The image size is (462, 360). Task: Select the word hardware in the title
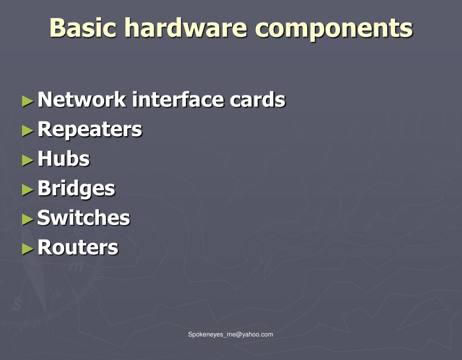pos(185,28)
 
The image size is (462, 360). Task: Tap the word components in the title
pos(333,28)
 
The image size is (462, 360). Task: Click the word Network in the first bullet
pos(82,100)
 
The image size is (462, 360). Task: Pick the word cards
pos(258,100)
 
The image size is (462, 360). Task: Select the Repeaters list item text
pos(89,129)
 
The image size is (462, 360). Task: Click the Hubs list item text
pos(64,159)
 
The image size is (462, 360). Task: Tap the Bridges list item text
pos(76,189)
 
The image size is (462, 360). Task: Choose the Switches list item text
pos(83,218)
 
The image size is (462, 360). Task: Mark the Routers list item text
pos(78,247)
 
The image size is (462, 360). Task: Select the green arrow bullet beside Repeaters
pos(28,130)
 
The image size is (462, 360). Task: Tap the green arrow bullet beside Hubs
pos(28,160)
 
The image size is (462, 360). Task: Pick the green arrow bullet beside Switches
pos(28,219)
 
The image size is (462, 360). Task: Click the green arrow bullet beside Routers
pos(28,248)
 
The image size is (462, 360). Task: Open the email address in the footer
pos(231,334)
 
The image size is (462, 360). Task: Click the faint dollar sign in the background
pos(16,304)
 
